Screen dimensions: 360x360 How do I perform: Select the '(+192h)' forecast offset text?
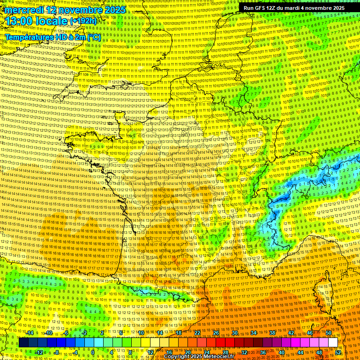pyautogui.click(x=83, y=21)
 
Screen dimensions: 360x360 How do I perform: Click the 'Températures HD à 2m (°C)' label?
pyautogui.click(x=52, y=37)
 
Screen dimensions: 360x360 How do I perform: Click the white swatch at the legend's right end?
pyautogui.click(x=333, y=343)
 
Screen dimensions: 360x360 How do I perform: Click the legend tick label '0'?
pyautogui.click(x=92, y=352)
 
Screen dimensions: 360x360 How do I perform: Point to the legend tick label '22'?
pyautogui.click(x=197, y=333)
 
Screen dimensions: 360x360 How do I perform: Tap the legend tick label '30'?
pyautogui.click(x=235, y=333)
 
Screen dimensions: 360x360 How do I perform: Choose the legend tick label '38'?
pyautogui.click(x=272, y=333)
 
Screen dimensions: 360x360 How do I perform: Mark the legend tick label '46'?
pyautogui.click(x=310, y=333)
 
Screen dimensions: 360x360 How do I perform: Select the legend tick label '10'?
pyautogui.click(x=141, y=333)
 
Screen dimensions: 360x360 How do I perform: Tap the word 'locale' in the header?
pyautogui.click(x=53, y=21)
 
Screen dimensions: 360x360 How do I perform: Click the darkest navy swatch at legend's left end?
pyautogui.click(x=23, y=343)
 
